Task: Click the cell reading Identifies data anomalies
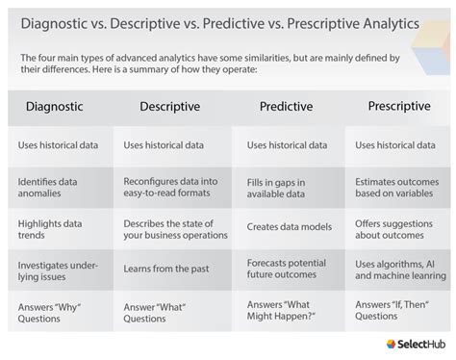[x=50, y=186]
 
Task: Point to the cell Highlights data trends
[x=50, y=229]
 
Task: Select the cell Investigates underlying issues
[x=54, y=269]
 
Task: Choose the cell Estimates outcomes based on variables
[x=396, y=186]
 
